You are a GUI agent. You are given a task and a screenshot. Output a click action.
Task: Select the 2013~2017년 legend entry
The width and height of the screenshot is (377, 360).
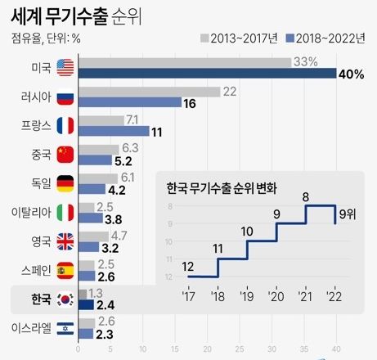[238, 37]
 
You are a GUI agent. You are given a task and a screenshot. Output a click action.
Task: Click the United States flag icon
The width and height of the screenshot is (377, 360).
[65, 67]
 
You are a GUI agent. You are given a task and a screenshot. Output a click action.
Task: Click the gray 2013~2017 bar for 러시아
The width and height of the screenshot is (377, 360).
[148, 91]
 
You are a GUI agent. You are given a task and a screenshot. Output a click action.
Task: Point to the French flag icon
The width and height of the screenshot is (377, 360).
[65, 125]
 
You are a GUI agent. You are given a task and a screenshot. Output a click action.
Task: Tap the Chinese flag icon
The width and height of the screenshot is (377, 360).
[65, 154]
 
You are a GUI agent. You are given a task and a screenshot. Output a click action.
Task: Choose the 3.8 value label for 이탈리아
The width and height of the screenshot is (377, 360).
[114, 219]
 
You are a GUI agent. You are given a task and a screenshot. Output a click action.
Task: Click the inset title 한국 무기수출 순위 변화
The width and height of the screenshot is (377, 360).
[221, 187]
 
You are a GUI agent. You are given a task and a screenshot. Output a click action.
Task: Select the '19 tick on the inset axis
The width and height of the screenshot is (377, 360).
[247, 296]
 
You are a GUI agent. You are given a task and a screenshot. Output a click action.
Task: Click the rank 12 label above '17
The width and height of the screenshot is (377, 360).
[187, 266]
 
